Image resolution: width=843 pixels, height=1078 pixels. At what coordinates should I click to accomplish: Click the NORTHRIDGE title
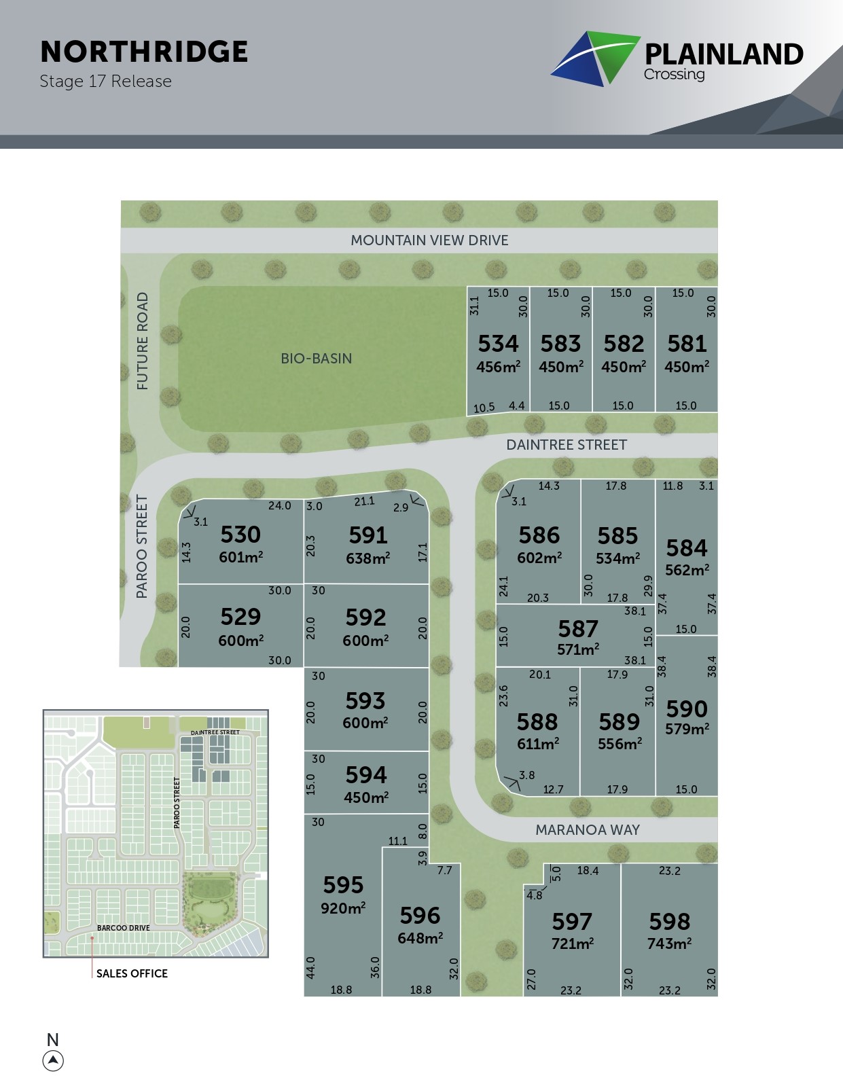[x=144, y=52]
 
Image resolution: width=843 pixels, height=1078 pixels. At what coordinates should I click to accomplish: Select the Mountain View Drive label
[x=429, y=240]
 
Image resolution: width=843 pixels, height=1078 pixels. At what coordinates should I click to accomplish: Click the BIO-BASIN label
[x=317, y=359]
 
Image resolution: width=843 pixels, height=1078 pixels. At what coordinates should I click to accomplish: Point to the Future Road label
[x=142, y=341]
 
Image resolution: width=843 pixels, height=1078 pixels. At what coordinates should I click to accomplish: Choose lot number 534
[x=498, y=344]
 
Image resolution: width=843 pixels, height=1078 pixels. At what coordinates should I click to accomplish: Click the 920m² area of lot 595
[x=343, y=908]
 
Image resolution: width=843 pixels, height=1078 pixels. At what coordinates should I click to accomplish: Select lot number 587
[x=578, y=629]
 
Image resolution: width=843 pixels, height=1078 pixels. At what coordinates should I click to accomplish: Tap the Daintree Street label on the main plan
[x=567, y=445]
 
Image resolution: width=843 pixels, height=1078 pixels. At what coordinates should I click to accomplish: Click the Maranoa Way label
[x=588, y=830]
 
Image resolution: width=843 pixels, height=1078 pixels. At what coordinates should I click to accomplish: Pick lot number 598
[x=669, y=922]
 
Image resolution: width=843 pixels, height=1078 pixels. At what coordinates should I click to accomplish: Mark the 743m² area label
[x=669, y=944]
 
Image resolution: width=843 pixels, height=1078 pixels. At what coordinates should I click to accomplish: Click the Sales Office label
[x=132, y=973]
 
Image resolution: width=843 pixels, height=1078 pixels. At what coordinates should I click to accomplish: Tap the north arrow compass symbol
[x=53, y=1060]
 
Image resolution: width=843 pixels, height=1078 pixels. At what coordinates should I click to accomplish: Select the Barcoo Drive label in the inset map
[x=123, y=928]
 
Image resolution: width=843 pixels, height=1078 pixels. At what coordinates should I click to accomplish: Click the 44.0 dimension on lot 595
[x=311, y=967]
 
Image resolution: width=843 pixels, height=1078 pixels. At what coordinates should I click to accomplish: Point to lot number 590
[x=687, y=709]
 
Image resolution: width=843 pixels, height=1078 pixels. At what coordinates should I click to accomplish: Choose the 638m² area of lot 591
[x=367, y=558]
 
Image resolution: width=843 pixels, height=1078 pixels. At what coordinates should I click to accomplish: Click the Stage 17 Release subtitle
[x=105, y=82]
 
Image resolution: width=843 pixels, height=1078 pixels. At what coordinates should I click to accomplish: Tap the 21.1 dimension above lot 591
[x=364, y=501]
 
